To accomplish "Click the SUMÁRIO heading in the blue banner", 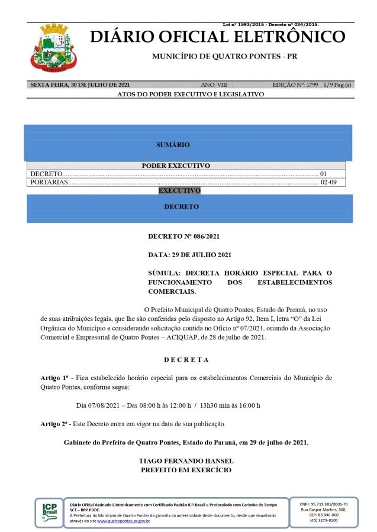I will [x=173, y=144].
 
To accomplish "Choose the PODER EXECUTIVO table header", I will [x=176, y=166].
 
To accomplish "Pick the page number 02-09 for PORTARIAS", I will [x=328, y=182].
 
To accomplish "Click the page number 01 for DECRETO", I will [x=323, y=174].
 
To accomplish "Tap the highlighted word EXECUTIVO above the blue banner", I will [x=179, y=191].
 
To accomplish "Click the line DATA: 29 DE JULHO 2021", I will [x=189, y=255].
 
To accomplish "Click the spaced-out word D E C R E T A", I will [x=186, y=359].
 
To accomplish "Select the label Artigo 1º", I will [x=54, y=377].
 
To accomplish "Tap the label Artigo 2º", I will [x=54, y=424].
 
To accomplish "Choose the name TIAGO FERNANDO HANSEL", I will [x=186, y=460].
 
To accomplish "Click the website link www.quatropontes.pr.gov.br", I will [x=123, y=521].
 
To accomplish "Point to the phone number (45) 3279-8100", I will [x=324, y=520].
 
